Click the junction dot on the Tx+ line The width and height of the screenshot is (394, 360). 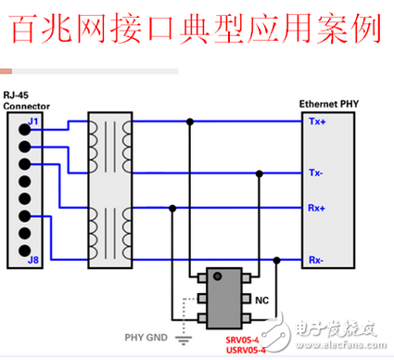[190, 122]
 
